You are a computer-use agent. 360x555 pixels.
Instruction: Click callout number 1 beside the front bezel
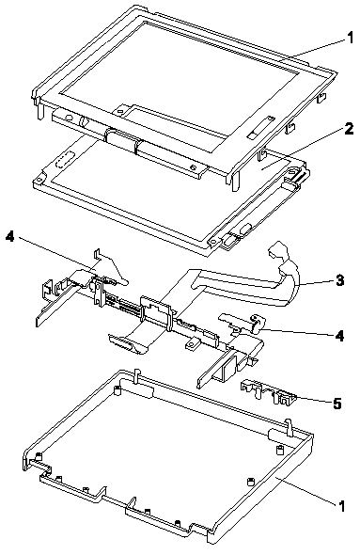click(350, 38)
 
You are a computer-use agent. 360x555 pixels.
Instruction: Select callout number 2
click(349, 129)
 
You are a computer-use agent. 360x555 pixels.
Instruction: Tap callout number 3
click(339, 280)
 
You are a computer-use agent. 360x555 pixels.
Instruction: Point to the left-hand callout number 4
click(10, 237)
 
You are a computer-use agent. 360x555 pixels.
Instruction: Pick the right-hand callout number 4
click(339, 336)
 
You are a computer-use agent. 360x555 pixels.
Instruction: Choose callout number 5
click(337, 404)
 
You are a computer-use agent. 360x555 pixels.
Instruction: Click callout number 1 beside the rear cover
click(341, 506)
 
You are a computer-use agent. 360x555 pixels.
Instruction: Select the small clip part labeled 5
click(269, 392)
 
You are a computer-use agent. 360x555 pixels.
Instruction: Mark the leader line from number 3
click(316, 282)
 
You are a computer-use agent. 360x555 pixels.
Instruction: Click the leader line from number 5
click(314, 399)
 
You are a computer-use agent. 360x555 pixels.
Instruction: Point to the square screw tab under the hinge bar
click(193, 344)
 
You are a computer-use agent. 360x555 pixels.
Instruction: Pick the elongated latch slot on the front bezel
click(261, 126)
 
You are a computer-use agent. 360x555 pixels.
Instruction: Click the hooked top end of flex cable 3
click(278, 250)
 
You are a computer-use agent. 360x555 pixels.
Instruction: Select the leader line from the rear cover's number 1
click(305, 491)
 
